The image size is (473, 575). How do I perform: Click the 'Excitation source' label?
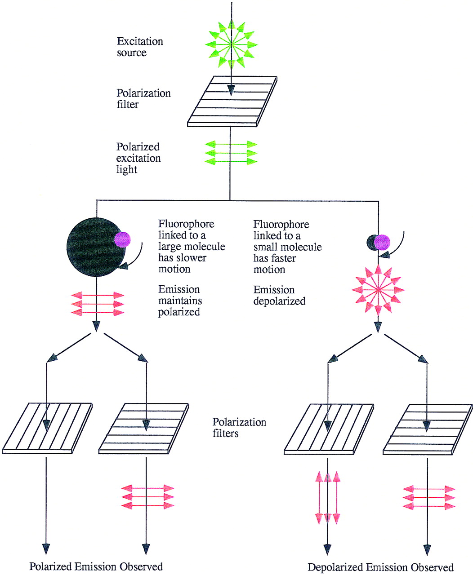pyautogui.click(x=140, y=47)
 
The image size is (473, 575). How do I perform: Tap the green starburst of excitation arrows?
pyautogui.click(x=232, y=44)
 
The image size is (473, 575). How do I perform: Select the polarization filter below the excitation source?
pyautogui.click(x=232, y=102)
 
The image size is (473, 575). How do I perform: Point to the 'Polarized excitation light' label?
pyautogui.click(x=138, y=158)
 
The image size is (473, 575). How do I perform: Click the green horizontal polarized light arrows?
pyautogui.click(x=231, y=153)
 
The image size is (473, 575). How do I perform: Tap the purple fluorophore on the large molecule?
pyautogui.click(x=122, y=239)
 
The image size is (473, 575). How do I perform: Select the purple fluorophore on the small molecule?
pyautogui.click(x=382, y=243)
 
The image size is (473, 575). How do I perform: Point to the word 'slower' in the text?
pyautogui.click(x=193, y=258)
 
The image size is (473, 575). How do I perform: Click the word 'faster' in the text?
pyautogui.click(x=284, y=258)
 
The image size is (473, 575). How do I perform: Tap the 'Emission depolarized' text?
pyautogui.click(x=279, y=295)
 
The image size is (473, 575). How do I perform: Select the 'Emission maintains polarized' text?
pyautogui.click(x=180, y=301)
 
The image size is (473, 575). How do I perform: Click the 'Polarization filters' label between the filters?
pyautogui.click(x=239, y=428)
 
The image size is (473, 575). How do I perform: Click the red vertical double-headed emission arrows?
pyautogui.click(x=327, y=498)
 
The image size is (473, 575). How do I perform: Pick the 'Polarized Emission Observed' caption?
pyautogui.click(x=96, y=566)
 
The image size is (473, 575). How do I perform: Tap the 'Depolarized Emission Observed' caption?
pyautogui.click(x=380, y=567)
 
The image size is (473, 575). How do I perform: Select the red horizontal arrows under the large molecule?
pyautogui.click(x=98, y=304)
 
